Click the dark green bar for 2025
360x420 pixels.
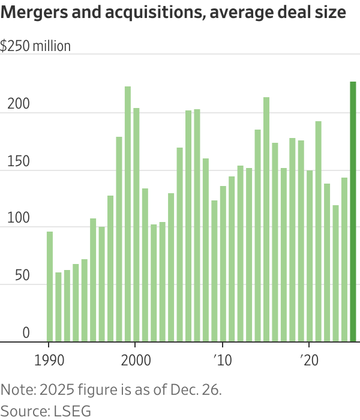(x=353, y=212)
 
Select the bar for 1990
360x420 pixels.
(x=50, y=287)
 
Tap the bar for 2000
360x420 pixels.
(x=136, y=225)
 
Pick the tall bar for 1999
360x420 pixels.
(x=128, y=214)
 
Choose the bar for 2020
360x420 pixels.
(x=310, y=256)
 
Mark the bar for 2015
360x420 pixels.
(x=266, y=220)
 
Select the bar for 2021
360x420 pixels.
(x=318, y=232)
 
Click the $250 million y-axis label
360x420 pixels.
(x=35, y=46)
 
